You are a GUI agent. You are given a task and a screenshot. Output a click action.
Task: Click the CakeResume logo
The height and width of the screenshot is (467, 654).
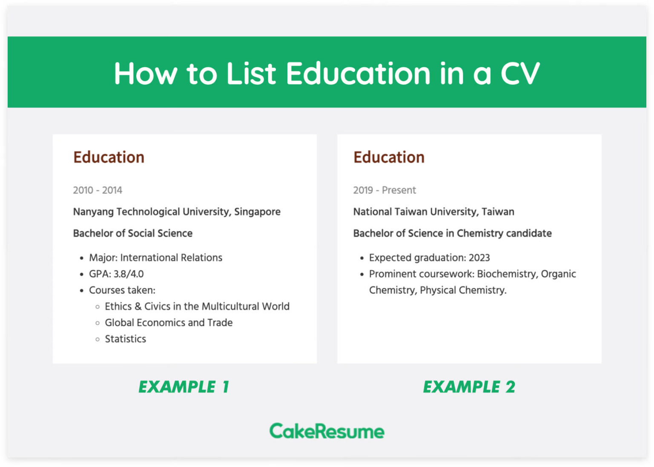(x=327, y=431)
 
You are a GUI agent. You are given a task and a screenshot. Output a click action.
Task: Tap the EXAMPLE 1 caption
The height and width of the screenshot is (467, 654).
(x=184, y=387)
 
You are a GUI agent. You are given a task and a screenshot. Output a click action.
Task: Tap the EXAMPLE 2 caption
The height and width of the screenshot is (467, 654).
(x=469, y=387)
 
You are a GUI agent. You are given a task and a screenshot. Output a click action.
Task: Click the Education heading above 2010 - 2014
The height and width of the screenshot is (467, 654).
(x=109, y=157)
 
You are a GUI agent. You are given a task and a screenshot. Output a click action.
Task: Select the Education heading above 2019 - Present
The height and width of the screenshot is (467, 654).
(x=389, y=157)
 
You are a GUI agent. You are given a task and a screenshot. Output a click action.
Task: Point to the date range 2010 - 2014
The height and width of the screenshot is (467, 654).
(x=98, y=190)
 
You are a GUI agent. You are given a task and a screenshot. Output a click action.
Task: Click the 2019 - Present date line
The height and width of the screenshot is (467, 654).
(x=384, y=190)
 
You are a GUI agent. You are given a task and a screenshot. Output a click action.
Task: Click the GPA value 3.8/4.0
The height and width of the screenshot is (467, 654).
(x=129, y=274)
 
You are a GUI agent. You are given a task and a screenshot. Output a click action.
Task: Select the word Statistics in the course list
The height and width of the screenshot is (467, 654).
(x=125, y=339)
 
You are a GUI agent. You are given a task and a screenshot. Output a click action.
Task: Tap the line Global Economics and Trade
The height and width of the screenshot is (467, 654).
(x=169, y=323)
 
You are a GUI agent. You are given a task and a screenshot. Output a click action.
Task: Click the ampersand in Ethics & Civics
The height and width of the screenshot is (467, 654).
(x=138, y=307)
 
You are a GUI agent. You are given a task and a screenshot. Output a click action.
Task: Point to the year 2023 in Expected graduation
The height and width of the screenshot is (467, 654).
(x=479, y=258)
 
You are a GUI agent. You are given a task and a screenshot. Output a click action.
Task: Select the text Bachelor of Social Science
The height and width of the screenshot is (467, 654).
(x=132, y=233)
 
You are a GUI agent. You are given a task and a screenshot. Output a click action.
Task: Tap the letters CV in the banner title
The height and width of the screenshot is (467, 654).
(x=520, y=74)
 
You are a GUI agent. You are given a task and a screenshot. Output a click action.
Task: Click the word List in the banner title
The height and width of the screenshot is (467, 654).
(x=251, y=74)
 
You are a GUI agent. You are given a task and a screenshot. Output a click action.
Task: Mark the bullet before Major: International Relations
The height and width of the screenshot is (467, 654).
(x=81, y=258)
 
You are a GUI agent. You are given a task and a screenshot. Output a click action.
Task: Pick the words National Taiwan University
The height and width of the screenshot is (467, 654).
(x=415, y=212)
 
